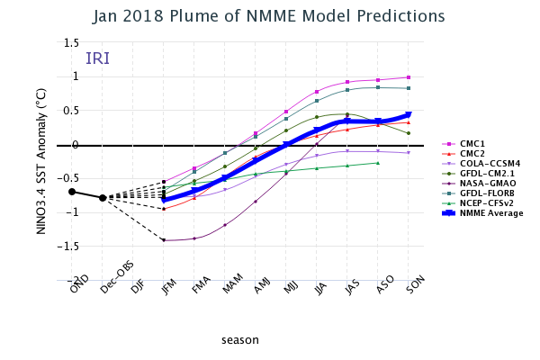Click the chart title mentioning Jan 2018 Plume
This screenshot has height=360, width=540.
click(x=270, y=15)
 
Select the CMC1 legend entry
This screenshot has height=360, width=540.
click(x=473, y=143)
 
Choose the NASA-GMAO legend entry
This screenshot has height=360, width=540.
click(x=482, y=183)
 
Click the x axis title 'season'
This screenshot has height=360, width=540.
click(x=240, y=340)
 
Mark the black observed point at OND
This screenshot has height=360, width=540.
click(x=72, y=192)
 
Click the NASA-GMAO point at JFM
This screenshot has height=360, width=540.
click(x=164, y=240)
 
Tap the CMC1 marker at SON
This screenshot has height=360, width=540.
click(x=409, y=77)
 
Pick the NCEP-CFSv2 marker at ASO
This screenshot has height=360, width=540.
click(x=378, y=163)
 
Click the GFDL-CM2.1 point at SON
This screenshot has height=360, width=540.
click(x=409, y=133)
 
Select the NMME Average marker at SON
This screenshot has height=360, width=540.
click(x=409, y=114)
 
